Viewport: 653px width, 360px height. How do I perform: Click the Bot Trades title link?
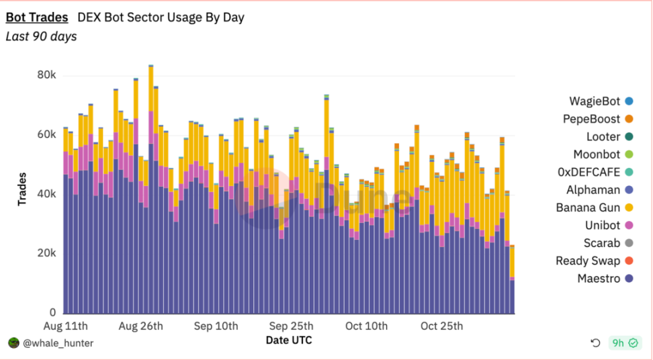37,17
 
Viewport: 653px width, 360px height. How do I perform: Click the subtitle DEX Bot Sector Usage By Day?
161,17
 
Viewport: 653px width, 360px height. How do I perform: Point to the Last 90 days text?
41,36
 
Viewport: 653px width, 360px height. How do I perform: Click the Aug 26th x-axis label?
141,326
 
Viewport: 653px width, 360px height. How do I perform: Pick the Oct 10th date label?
365,326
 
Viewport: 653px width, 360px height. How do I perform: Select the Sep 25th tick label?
292,326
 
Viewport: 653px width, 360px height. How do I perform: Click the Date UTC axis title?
289,341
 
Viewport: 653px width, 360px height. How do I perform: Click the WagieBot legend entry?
595,101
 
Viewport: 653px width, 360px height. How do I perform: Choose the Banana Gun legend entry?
588,208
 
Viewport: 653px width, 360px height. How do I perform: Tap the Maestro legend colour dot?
629,279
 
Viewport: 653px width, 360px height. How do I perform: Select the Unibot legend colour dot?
629,226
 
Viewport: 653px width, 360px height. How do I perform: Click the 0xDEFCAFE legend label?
589,173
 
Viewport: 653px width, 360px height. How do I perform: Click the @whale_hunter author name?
58,343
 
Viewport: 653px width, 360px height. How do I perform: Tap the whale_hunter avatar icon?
13,343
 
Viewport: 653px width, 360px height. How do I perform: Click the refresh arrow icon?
595,343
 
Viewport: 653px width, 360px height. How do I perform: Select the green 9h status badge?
625,343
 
